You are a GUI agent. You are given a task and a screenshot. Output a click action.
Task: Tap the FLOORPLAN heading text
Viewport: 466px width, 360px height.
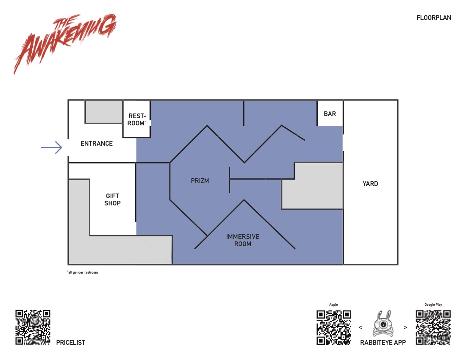434,18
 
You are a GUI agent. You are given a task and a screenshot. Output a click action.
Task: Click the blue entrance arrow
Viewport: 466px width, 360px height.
51,147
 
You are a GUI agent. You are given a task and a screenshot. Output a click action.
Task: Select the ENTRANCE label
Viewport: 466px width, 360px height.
97,144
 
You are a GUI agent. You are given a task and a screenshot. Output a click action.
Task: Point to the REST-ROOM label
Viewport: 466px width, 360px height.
137,119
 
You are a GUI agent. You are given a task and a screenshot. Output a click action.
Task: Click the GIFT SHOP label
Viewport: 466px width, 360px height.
112,199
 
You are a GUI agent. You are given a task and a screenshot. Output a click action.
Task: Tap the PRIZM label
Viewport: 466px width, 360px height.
200,180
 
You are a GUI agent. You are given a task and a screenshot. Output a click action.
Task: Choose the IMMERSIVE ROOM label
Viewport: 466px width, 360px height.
242,240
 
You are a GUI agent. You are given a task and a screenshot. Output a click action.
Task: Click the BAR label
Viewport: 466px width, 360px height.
330,114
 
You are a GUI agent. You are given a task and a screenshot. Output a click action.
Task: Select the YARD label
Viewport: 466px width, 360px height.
370,183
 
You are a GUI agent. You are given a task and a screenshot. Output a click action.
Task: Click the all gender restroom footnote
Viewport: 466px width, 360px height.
83,272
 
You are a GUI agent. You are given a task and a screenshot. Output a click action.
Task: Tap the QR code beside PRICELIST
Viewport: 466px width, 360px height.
33,327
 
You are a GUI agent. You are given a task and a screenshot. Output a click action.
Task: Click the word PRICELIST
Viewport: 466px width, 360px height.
71,343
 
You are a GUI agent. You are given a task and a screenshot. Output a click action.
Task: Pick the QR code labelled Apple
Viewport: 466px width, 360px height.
334,327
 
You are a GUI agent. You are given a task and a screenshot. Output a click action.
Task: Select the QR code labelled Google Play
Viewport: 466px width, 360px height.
433,327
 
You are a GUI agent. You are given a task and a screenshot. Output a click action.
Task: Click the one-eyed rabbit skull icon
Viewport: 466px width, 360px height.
383,324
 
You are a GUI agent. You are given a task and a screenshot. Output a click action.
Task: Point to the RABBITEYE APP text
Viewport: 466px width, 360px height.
383,343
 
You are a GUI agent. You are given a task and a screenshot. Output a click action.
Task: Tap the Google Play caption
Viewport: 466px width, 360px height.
433,305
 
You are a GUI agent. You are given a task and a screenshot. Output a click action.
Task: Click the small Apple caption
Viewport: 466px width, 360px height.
333,305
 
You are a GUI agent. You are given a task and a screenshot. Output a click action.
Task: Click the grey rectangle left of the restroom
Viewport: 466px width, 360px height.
104,111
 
